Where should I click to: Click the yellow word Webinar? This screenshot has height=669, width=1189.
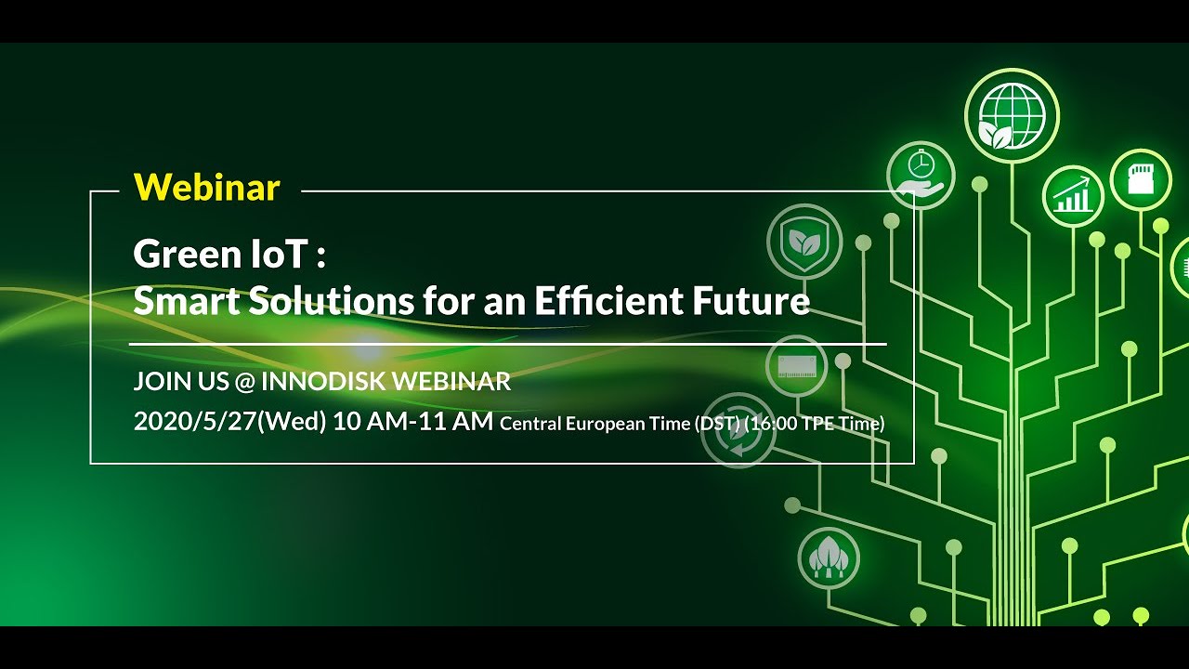[206, 188]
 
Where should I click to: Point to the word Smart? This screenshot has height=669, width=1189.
[179, 301]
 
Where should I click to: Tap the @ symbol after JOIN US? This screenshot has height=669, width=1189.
[244, 382]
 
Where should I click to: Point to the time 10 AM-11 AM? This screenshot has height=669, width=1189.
[412, 422]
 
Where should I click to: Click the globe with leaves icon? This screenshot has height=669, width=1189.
[1012, 116]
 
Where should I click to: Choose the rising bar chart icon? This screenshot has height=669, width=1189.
[1073, 196]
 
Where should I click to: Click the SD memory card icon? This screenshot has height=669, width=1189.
[1141, 178]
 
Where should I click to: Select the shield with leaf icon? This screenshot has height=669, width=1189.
[804, 241]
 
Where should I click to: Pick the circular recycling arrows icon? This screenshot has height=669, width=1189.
[737, 429]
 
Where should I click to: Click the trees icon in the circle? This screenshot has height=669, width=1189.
[829, 557]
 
